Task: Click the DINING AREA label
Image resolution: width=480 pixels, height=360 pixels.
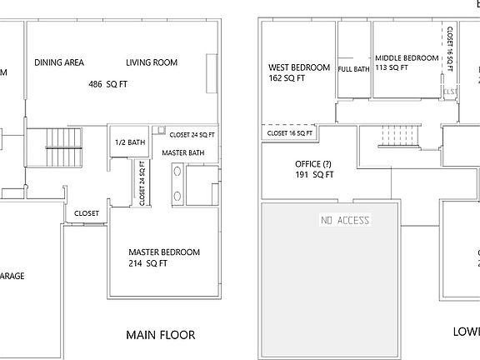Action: point(58,62)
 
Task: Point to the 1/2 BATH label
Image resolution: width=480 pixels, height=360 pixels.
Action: point(129,142)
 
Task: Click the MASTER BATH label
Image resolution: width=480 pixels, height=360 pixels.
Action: point(183,153)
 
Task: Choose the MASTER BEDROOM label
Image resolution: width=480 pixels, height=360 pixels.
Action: point(164,252)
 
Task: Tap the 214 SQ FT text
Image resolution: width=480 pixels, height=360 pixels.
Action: point(147,263)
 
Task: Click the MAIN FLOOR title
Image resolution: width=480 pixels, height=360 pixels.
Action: point(160,336)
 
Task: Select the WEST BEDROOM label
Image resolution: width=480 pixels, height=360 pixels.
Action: point(298,67)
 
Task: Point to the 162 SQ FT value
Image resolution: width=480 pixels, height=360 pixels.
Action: point(287,79)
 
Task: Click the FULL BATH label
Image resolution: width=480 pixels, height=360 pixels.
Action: point(354,69)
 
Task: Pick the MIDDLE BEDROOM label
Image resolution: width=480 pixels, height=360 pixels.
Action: point(407,57)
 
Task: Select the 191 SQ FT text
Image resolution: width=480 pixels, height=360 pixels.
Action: point(315,175)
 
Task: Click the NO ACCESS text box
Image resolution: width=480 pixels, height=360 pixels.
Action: point(345,220)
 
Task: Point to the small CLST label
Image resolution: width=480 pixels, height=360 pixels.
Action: point(450,92)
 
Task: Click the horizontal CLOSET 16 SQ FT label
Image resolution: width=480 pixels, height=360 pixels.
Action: point(289,132)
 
